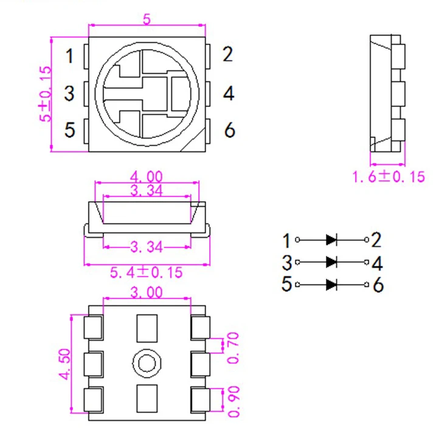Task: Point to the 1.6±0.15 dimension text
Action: click(389, 177)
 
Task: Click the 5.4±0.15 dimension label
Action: click(147, 272)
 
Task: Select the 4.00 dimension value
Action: click(146, 176)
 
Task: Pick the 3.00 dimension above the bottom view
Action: click(147, 292)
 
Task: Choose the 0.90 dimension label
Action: click(233, 401)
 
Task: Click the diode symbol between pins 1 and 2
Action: click(332, 240)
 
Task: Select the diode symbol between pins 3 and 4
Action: click(332, 262)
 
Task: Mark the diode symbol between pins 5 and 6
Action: click(332, 284)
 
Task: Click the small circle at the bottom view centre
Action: click(147, 364)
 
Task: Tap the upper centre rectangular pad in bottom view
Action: click(147, 328)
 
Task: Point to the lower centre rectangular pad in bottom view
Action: click(147, 399)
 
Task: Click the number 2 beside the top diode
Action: click(376, 240)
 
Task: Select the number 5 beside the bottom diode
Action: click(287, 285)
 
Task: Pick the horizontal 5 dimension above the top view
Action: click(147, 19)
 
